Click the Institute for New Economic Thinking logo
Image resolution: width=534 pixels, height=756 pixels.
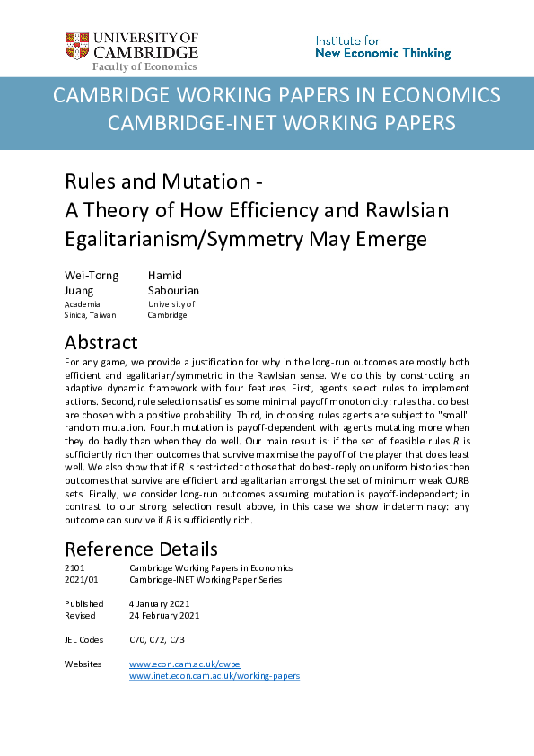[x=382, y=48]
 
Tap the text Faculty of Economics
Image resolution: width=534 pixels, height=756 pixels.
[x=144, y=66]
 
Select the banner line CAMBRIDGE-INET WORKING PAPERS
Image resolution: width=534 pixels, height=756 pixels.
[x=281, y=123]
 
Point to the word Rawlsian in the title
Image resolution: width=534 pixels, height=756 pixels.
[x=405, y=210]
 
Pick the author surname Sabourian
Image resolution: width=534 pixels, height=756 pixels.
[x=173, y=290]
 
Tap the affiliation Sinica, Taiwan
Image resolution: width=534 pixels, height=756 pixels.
[x=90, y=315]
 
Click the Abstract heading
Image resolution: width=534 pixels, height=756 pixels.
[x=101, y=343]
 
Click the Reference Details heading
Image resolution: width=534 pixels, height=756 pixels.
[x=140, y=549]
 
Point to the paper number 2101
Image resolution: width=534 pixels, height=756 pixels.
[x=74, y=568]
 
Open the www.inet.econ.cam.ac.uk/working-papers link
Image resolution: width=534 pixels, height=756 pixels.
[x=214, y=675]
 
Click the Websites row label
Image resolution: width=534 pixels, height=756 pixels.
[x=83, y=664]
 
